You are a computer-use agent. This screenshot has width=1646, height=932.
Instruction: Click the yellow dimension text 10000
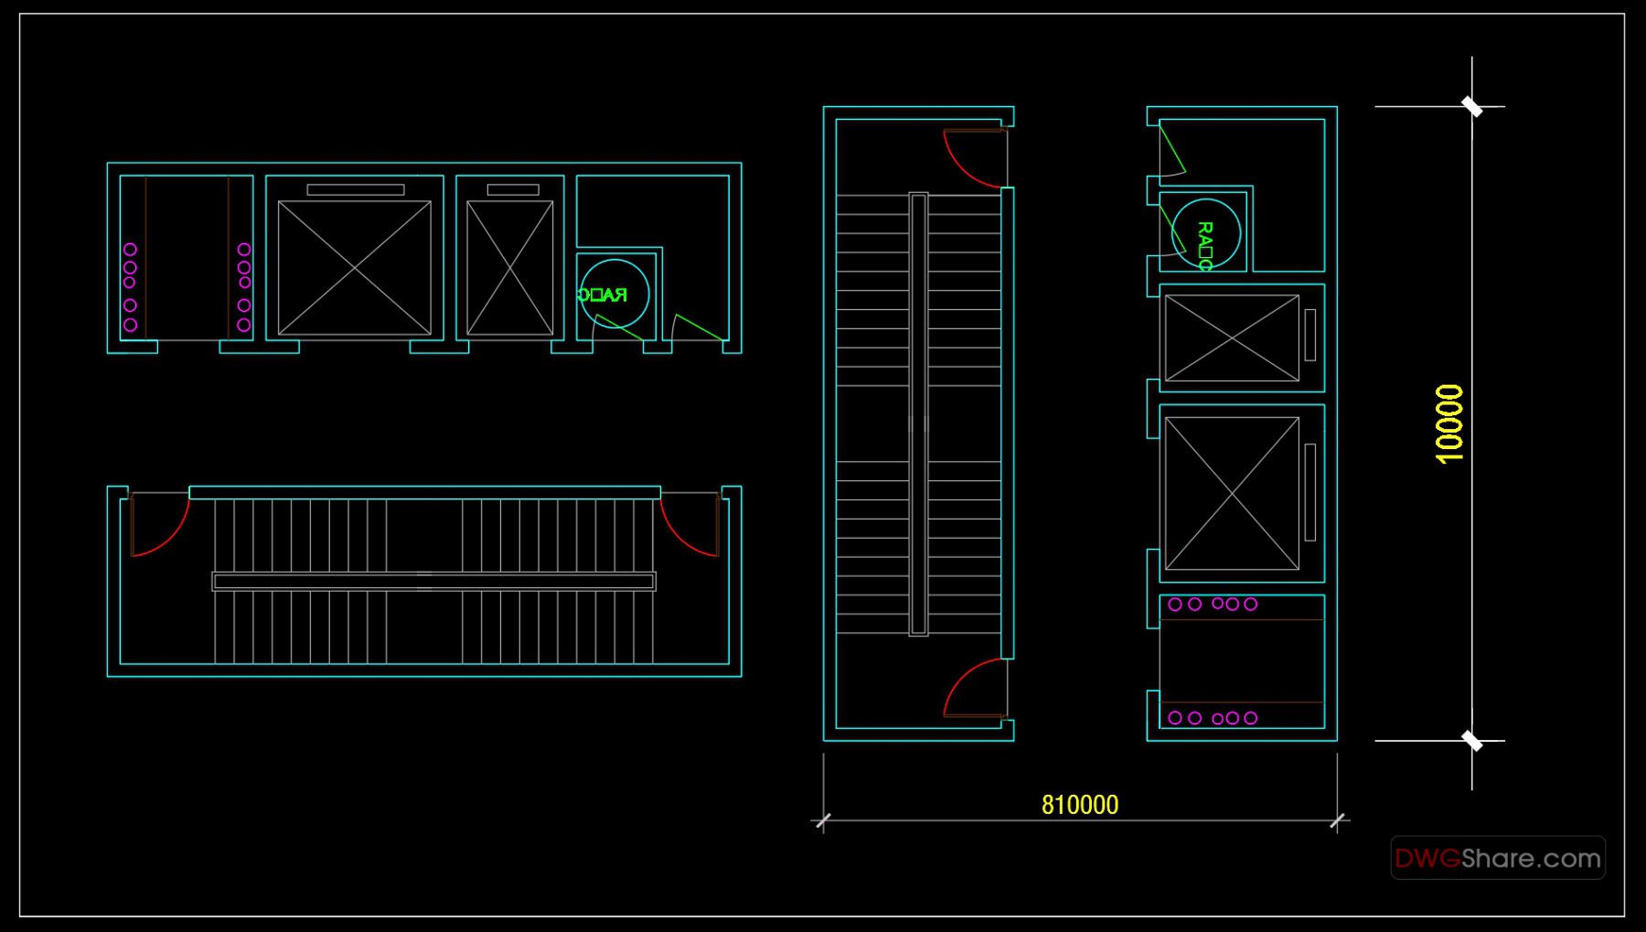1449,423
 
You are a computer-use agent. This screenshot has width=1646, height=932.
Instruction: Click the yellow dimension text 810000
1079,805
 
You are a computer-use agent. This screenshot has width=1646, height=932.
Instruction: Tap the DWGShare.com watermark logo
1497,858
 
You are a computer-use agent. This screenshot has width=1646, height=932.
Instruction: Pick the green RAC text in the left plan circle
603,295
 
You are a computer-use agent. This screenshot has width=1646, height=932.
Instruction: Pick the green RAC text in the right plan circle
1204,245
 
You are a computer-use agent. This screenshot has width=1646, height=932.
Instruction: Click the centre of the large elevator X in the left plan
355,268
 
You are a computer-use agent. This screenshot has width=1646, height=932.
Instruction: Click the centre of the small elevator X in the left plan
509,268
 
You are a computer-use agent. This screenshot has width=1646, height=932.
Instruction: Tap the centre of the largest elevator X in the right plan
1232,494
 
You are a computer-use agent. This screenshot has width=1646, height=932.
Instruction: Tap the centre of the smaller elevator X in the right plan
1232,337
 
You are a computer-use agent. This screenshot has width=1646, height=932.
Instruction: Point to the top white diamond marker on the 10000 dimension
1472,106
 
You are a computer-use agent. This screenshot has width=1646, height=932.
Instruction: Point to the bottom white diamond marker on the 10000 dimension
1472,741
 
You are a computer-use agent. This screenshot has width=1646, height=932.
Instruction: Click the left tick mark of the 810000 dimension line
823,820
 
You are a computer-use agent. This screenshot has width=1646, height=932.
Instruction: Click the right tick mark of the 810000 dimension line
1338,820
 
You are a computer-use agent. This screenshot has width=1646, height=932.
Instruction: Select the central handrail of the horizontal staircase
433,581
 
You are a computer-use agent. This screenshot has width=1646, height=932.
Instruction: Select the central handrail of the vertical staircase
918,413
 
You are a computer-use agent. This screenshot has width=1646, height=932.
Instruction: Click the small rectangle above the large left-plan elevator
356,190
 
